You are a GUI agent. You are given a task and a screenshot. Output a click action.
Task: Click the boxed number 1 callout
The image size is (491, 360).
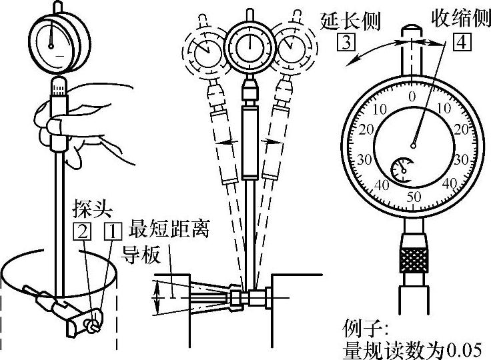point(113,232)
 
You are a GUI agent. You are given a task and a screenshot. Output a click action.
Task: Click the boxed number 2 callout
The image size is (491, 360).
point(82,232)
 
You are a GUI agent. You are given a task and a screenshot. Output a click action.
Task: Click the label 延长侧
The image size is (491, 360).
point(351,21)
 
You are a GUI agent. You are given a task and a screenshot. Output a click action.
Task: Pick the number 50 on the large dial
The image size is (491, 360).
point(414,197)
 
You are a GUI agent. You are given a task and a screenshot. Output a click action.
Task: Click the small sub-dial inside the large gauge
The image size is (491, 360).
point(402,170)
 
